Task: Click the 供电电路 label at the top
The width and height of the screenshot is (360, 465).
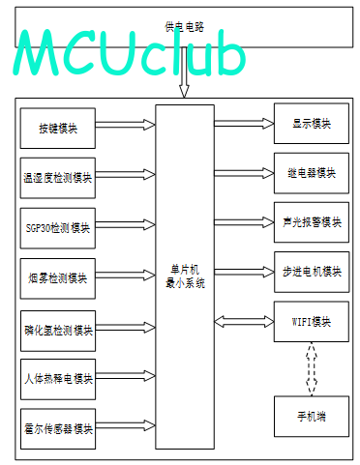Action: pyautogui.click(x=184, y=26)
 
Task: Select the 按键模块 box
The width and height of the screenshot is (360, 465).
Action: pyautogui.click(x=58, y=129)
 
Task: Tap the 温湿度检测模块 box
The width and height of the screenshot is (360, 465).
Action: pyautogui.click(x=58, y=178)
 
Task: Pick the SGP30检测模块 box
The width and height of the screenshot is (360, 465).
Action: pyautogui.click(x=58, y=228)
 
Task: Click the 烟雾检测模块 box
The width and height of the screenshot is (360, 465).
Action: pyautogui.click(x=58, y=278)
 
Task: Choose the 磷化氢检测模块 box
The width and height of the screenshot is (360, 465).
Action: pyautogui.click(x=58, y=331)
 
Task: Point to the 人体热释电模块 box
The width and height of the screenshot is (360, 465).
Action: pyautogui.click(x=58, y=379)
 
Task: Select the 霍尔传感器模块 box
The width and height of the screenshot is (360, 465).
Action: pyautogui.click(x=58, y=429)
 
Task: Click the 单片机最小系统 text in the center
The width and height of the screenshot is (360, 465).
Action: pyautogui.click(x=185, y=276)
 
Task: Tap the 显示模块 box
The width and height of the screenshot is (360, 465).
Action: pyautogui.click(x=312, y=124)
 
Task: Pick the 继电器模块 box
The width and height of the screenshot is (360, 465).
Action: pyautogui.click(x=312, y=173)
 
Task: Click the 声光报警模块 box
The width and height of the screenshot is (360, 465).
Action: pyautogui.click(x=312, y=222)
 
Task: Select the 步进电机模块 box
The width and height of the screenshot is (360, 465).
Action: pyautogui.click(x=312, y=272)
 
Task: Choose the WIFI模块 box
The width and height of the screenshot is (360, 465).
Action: pyautogui.click(x=312, y=322)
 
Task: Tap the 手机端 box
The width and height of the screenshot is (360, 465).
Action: pyautogui.click(x=312, y=417)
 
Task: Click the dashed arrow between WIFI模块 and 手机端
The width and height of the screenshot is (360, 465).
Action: pyautogui.click(x=312, y=369)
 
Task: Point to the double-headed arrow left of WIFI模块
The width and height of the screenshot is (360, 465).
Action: pyautogui.click(x=244, y=322)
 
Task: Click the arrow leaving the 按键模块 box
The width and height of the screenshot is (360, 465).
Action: pyautogui.click(x=126, y=125)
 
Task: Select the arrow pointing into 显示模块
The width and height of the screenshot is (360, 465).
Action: pyautogui.click(x=244, y=123)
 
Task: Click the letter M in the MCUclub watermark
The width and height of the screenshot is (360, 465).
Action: pyautogui.click(x=36, y=53)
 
